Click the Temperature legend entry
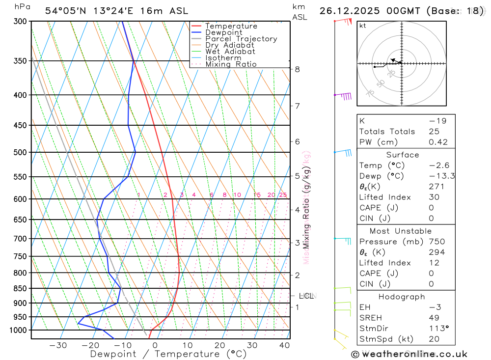231,26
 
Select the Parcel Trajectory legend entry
241,39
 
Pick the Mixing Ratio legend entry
231,64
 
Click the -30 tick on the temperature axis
58,345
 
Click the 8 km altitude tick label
298,69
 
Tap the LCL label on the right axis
306,296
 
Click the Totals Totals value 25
434,132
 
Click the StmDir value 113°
438,329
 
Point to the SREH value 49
434,318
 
